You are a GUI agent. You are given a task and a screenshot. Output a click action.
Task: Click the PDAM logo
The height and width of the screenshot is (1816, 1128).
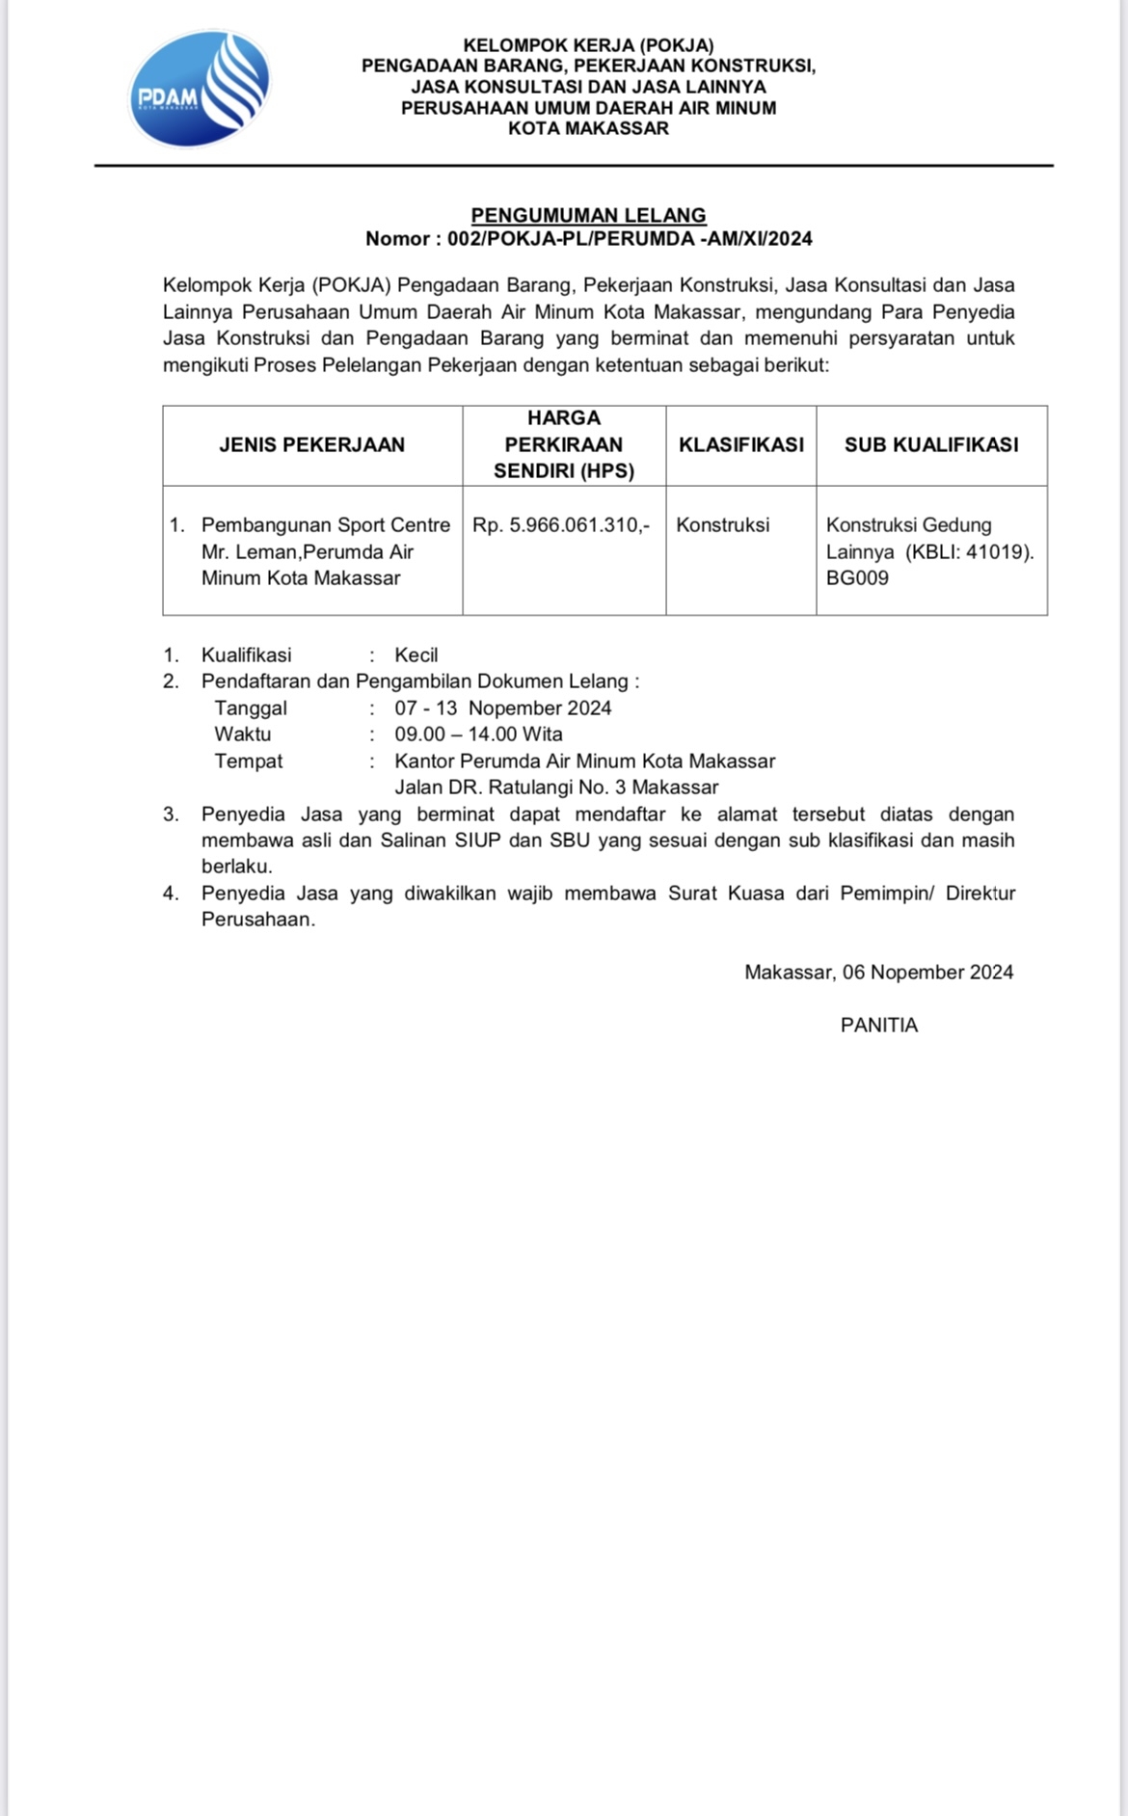pyautogui.click(x=200, y=90)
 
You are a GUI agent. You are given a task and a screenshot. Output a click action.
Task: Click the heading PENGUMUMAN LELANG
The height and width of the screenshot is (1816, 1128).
pyautogui.click(x=588, y=215)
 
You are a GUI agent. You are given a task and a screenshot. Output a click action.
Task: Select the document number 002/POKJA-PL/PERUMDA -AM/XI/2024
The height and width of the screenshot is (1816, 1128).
pyautogui.click(x=630, y=239)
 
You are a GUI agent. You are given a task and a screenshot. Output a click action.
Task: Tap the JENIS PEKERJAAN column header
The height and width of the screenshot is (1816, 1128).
pyautogui.click(x=311, y=444)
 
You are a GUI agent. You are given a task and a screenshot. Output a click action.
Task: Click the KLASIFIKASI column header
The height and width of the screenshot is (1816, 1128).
pyautogui.click(x=740, y=444)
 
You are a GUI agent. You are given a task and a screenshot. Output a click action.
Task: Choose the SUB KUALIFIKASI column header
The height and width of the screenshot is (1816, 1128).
pyautogui.click(x=930, y=444)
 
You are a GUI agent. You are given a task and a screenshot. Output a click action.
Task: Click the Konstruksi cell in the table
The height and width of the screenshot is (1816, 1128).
pyautogui.click(x=722, y=525)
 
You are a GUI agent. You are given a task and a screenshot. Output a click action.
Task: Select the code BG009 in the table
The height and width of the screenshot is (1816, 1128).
pyautogui.click(x=857, y=578)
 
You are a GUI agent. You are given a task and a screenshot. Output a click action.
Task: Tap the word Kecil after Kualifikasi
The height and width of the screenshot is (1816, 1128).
pyautogui.click(x=416, y=655)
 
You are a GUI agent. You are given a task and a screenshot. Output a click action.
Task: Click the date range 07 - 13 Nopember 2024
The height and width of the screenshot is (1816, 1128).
pyautogui.click(x=502, y=708)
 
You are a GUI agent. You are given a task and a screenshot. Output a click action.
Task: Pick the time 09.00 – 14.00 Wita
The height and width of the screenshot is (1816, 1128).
pyautogui.click(x=478, y=734)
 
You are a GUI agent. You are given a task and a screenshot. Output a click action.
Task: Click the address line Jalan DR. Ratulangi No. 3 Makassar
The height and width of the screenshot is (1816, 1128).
pyautogui.click(x=556, y=788)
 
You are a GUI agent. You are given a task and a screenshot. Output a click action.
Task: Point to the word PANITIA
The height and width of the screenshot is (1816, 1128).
pyautogui.click(x=878, y=1026)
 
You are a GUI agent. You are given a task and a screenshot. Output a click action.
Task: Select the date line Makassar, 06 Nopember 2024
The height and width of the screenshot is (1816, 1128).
pyautogui.click(x=878, y=973)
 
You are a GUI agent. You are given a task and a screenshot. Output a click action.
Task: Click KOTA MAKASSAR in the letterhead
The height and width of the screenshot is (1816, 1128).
pyautogui.click(x=588, y=129)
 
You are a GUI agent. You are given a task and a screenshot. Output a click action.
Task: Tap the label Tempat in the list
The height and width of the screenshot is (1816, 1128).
pyautogui.click(x=249, y=761)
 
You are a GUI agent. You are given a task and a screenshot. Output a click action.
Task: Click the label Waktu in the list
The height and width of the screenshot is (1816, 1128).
pyautogui.click(x=243, y=734)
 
